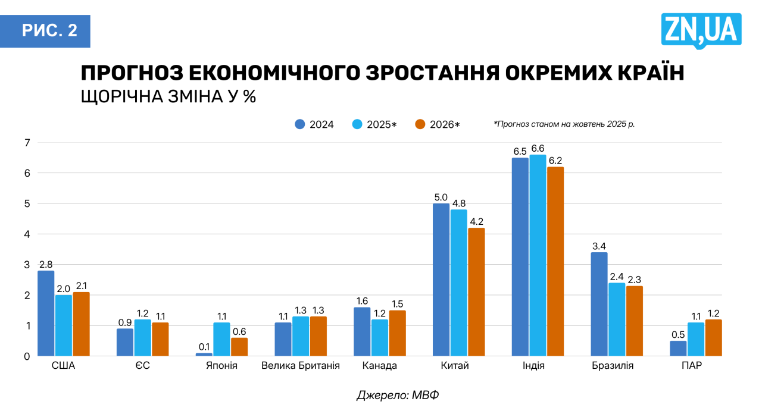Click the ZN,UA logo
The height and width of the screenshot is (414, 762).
tap(701, 30)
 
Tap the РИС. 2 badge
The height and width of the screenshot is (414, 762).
tap(50, 31)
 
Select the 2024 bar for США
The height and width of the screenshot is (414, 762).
tap(46, 313)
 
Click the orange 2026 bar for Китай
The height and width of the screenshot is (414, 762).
tap(476, 292)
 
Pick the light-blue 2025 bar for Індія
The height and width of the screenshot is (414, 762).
tap(538, 255)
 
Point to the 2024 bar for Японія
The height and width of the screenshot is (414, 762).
tap(204, 355)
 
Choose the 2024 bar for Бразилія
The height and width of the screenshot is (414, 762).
tap(599, 304)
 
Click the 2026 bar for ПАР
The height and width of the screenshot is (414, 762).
tap(713, 338)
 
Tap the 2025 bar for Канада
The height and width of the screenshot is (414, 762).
tap(380, 338)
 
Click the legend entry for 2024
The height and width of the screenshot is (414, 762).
tap(314, 124)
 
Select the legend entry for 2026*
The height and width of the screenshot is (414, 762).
tap(438, 124)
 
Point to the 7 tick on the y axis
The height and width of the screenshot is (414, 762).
tap(27, 143)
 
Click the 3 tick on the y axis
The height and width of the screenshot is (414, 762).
tap(27, 265)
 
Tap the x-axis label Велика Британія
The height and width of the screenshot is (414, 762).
tap(301, 366)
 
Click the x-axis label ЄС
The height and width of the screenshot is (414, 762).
tap(142, 366)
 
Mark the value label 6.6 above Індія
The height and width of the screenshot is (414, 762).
tap(538, 148)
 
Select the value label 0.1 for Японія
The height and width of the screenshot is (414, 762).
tap(204, 347)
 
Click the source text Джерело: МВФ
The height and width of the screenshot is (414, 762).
tap(398, 395)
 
